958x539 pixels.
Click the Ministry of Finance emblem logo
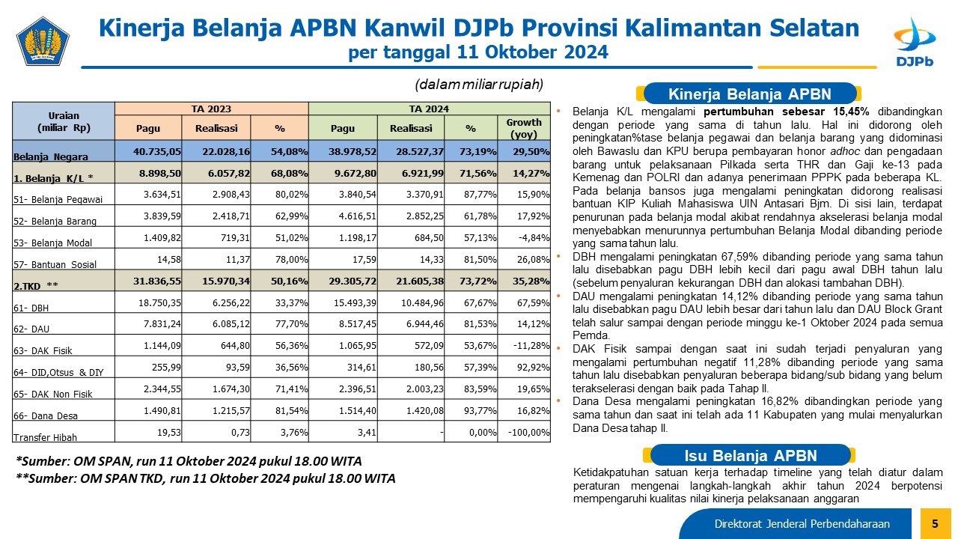click(x=43, y=41)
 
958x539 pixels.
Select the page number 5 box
click(x=936, y=523)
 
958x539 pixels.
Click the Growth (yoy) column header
click(x=524, y=128)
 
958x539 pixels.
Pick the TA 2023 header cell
click(x=211, y=109)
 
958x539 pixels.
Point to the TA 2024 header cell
click(x=430, y=109)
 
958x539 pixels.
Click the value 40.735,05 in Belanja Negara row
click(x=157, y=151)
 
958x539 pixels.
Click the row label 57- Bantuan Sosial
click(x=55, y=264)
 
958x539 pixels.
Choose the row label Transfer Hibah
click(x=45, y=437)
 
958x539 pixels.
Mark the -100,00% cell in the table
click(x=528, y=433)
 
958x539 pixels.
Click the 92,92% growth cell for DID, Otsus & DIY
click(x=534, y=367)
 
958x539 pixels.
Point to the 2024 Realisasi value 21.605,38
click(x=420, y=281)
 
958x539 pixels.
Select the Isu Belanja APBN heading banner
click(x=750, y=455)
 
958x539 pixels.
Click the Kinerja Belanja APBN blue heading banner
click(x=749, y=94)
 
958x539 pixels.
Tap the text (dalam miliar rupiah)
click(x=479, y=85)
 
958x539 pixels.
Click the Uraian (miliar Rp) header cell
click(x=64, y=121)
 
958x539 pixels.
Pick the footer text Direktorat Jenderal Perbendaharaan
click(x=802, y=523)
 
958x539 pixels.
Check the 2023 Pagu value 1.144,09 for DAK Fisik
click(x=162, y=345)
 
